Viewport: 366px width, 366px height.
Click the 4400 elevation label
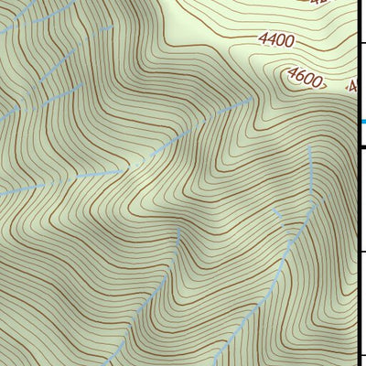(276, 40)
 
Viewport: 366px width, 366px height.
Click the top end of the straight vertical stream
(311, 146)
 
